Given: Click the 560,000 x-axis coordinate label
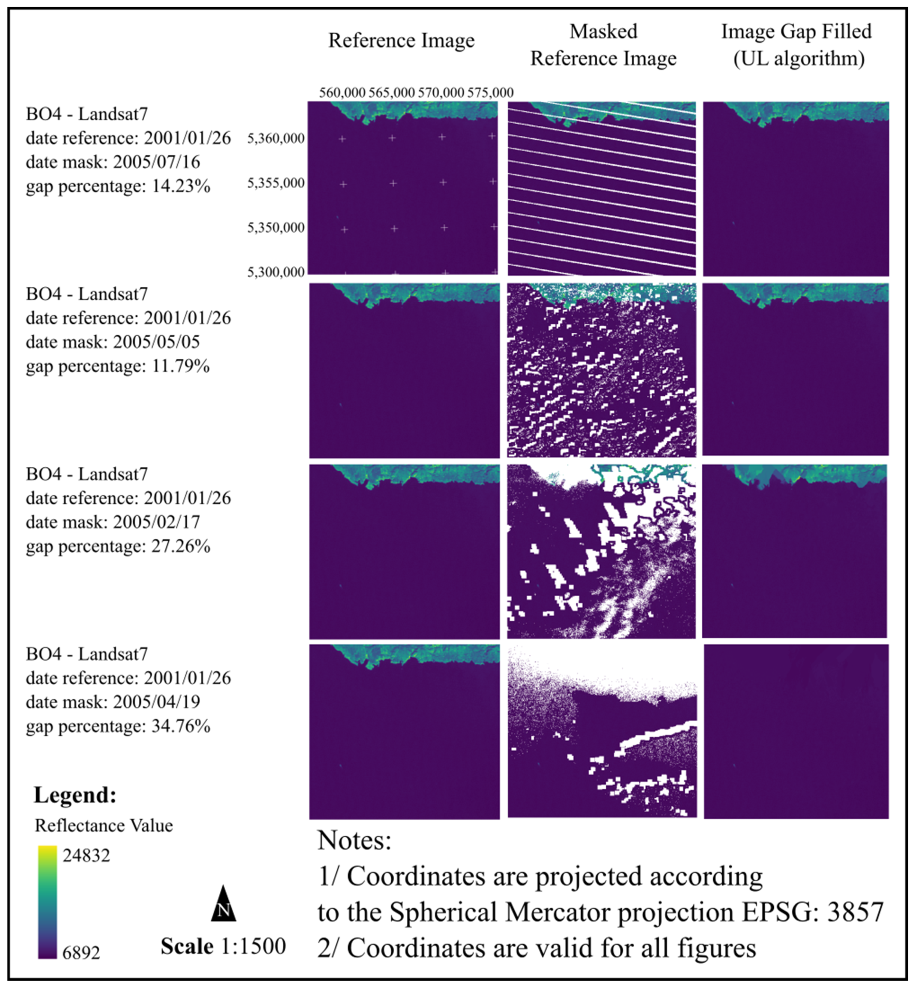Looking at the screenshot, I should click(342, 93).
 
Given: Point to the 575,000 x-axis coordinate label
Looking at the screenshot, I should click(490, 93).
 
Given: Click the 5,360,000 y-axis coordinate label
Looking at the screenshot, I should click(276, 139).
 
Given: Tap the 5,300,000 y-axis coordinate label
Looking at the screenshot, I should click(276, 272).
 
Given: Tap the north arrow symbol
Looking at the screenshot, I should click(223, 904).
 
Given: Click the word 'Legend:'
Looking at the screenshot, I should click(75, 795).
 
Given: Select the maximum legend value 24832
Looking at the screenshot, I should click(86, 855).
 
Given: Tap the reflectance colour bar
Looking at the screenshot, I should click(47, 902).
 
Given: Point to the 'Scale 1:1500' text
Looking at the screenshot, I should click(223, 946).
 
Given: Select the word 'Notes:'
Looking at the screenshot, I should click(354, 840).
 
